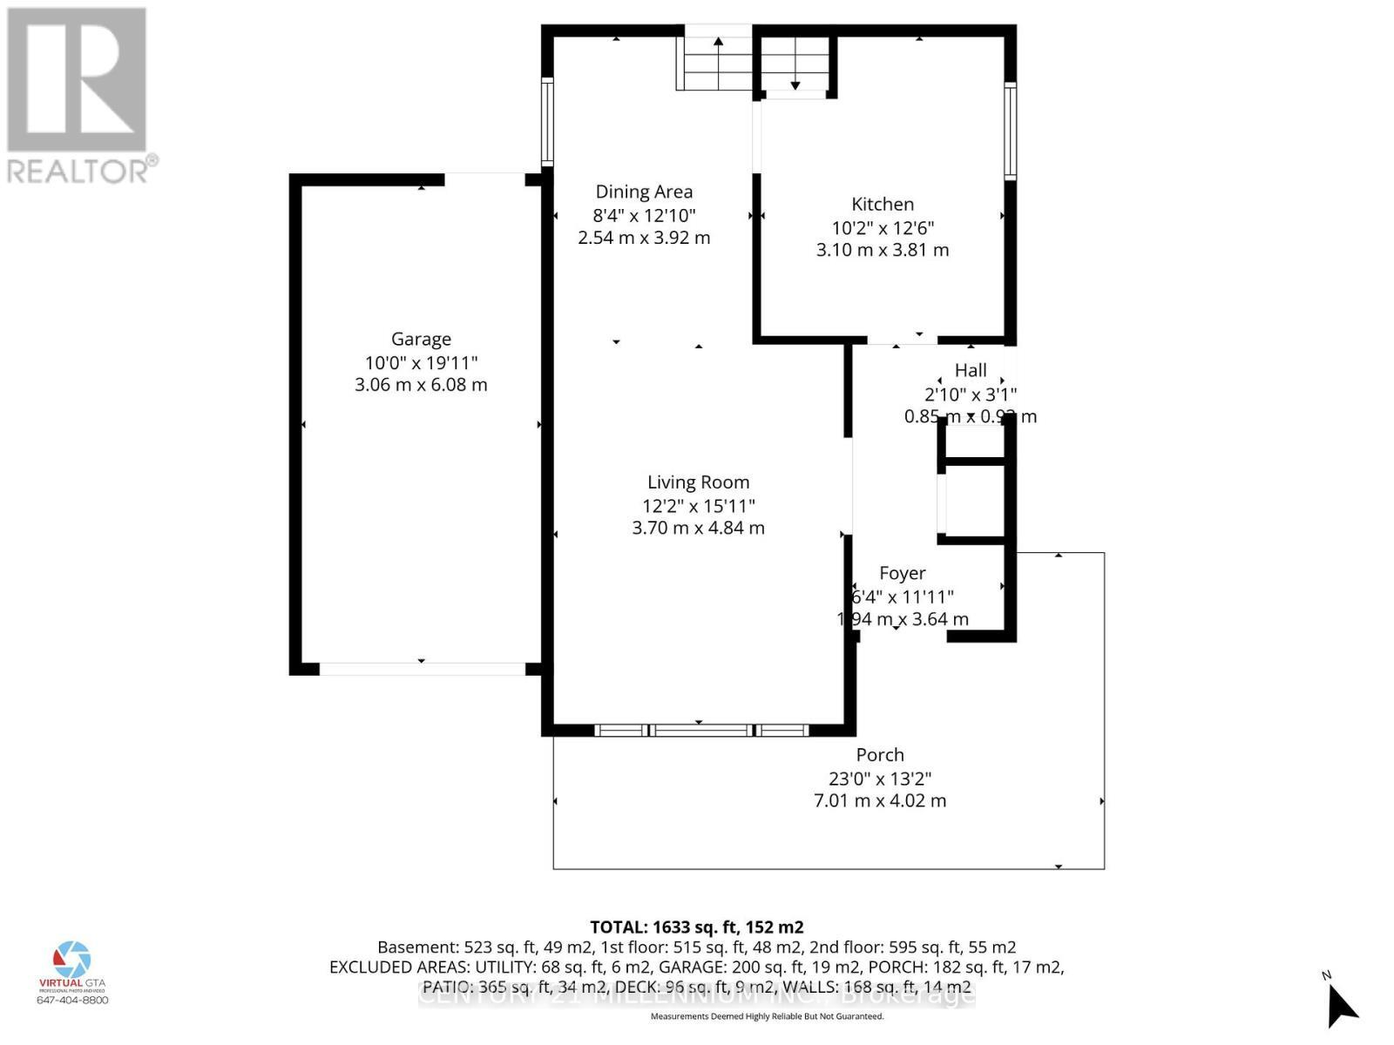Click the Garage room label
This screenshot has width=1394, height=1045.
tap(421, 340)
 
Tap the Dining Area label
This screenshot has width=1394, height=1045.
tap(644, 192)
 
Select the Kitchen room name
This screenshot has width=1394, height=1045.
tap(883, 205)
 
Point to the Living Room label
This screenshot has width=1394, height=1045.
tap(698, 482)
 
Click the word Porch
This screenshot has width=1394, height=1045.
tap(880, 755)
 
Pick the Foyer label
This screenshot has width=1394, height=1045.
tap(902, 573)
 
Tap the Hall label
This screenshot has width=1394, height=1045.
tap(971, 370)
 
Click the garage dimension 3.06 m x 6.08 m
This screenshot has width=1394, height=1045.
tap(421, 385)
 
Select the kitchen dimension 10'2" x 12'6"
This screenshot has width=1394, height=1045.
tap(883, 227)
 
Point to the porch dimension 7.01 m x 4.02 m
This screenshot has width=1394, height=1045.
tap(880, 800)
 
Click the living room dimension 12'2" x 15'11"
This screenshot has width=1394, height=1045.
tap(698, 505)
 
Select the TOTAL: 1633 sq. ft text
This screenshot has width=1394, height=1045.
tap(696, 927)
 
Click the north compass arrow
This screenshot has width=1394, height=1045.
tap(1342, 1006)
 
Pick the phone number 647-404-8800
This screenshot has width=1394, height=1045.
tap(72, 1001)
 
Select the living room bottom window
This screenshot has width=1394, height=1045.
tap(701, 731)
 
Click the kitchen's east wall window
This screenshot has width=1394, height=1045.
tap(1010, 131)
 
